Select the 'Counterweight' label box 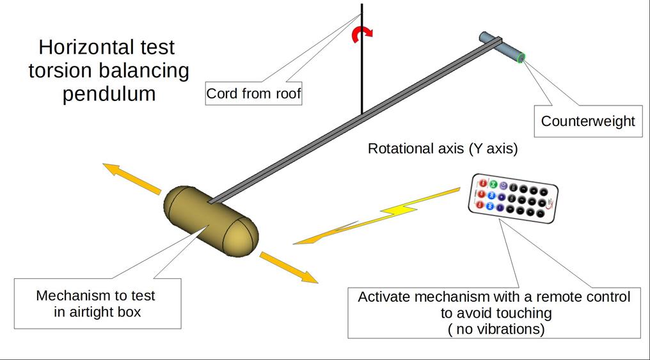588,121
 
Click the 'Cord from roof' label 253,93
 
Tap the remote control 513,198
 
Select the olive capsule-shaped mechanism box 211,221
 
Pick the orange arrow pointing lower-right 289,268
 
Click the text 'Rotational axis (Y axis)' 443,148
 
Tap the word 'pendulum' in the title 109,94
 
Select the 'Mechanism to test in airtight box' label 97,303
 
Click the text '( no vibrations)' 496,329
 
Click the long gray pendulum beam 356,121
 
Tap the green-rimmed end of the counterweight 521,58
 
